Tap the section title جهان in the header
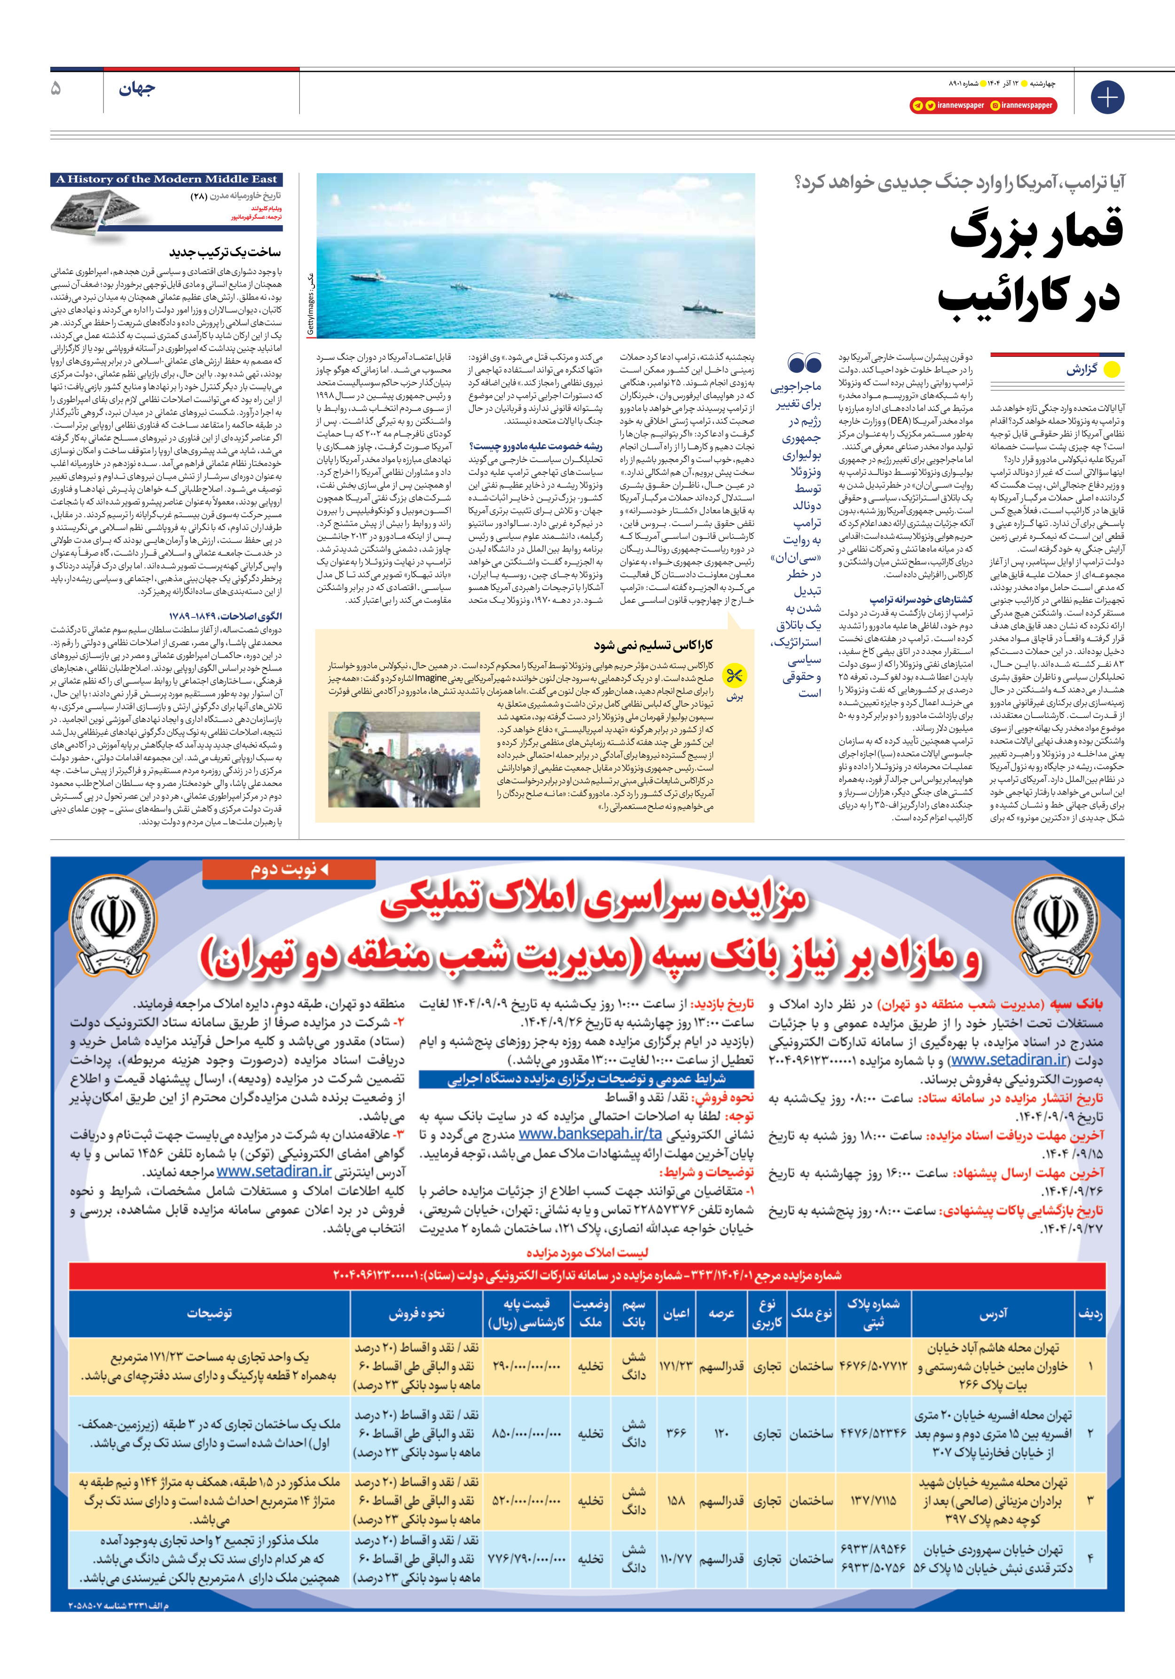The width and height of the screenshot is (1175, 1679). pyautogui.click(x=137, y=90)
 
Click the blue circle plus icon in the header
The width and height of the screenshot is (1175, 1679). pyautogui.click(x=1107, y=97)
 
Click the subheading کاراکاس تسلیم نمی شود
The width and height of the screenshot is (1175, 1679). pyautogui.click(x=653, y=645)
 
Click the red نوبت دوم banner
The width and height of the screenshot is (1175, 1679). pyautogui.click(x=289, y=869)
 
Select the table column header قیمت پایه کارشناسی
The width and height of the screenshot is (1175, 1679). pyautogui.click(x=526, y=1313)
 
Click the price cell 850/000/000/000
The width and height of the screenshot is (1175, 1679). pyautogui.click(x=526, y=1433)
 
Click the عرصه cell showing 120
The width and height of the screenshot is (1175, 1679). pyautogui.click(x=721, y=1433)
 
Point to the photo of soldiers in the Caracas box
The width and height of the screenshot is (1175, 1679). pyautogui.click(x=404, y=760)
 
